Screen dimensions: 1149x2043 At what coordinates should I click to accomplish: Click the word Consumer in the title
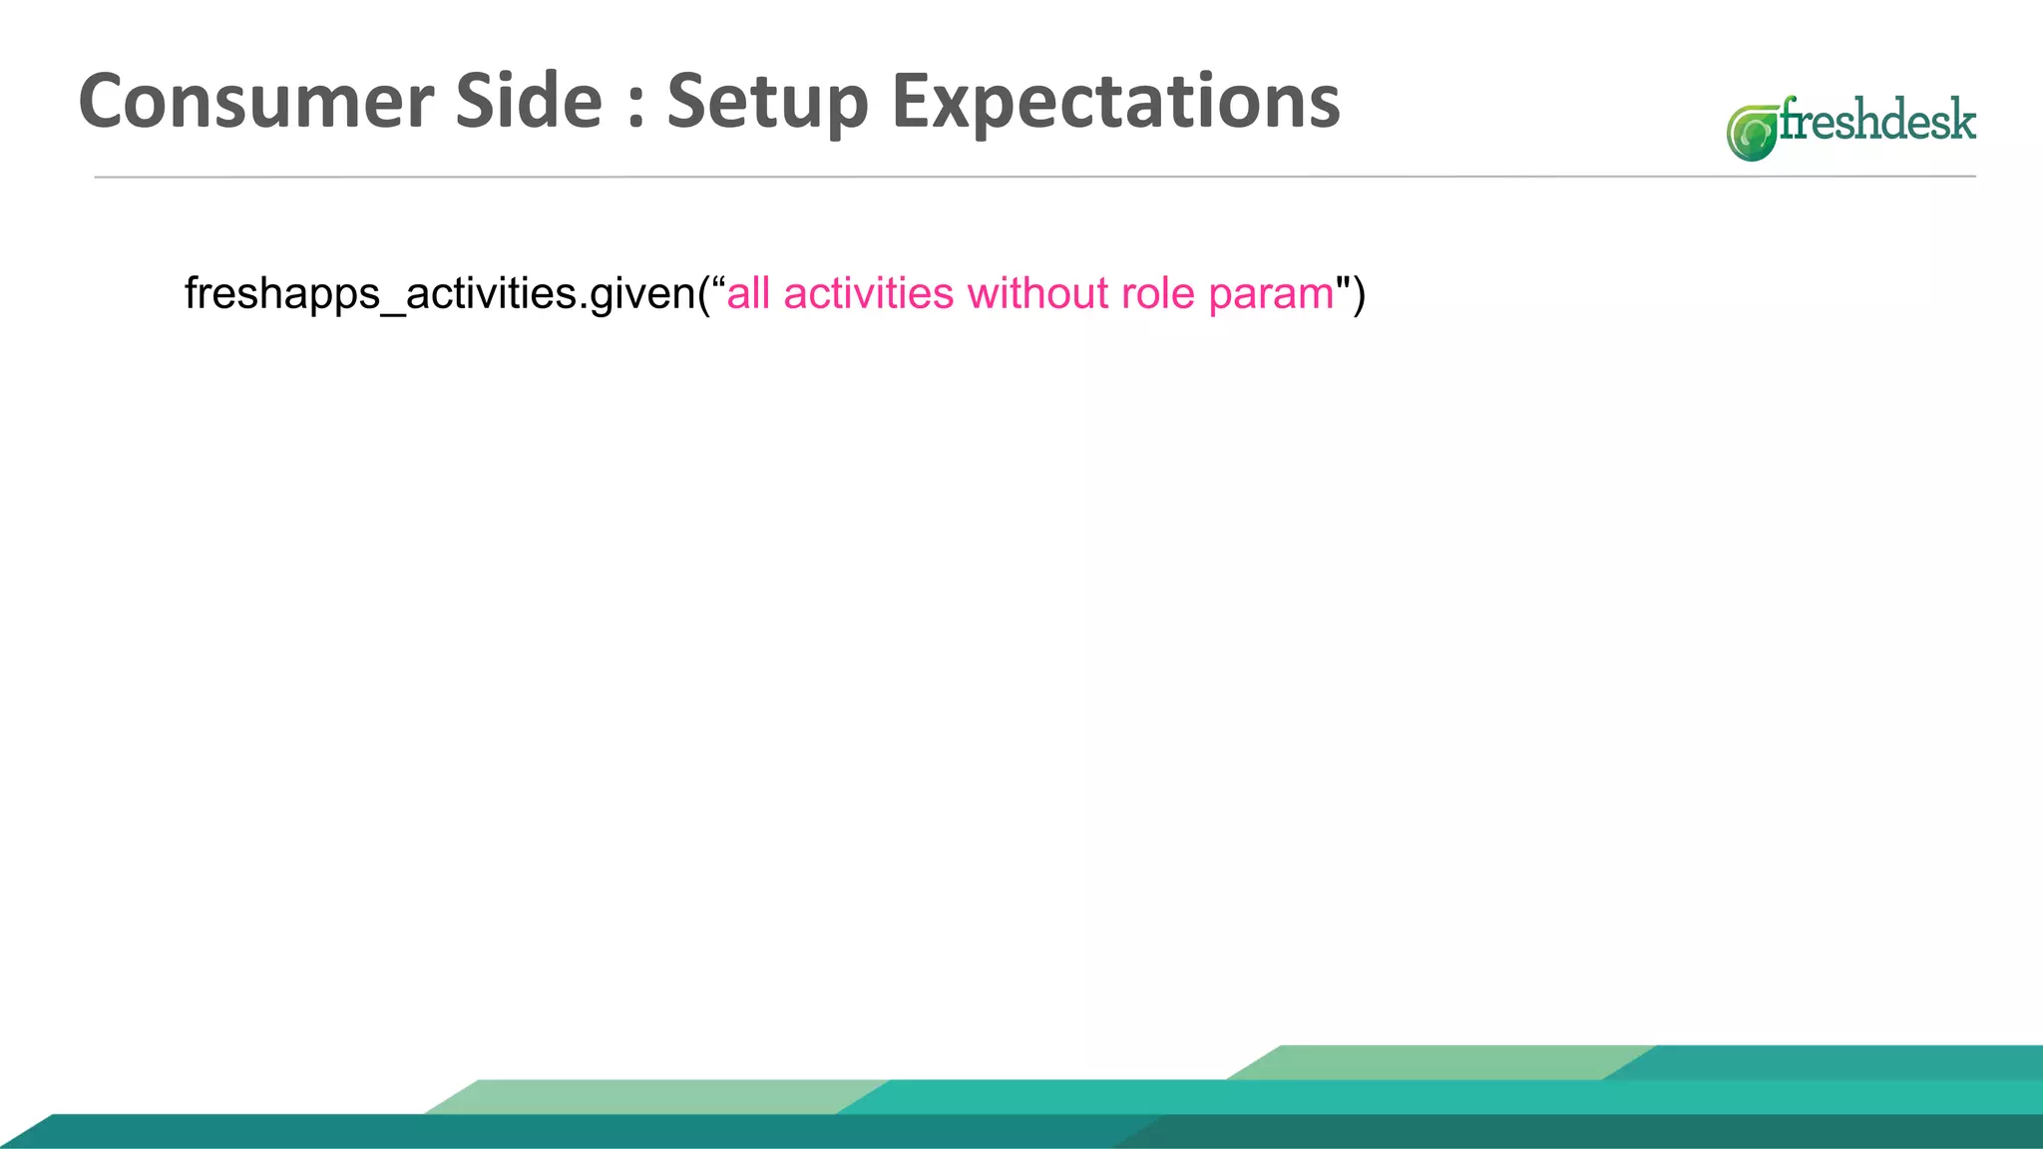[x=256, y=102]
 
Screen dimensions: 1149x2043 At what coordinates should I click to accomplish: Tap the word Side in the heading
[x=529, y=102]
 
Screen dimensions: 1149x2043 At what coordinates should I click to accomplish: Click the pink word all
[x=748, y=294]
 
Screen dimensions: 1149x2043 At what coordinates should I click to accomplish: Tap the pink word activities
[x=869, y=294]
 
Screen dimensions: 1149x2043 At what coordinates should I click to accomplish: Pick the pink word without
[x=1037, y=294]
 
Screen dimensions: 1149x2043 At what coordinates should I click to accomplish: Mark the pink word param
[x=1271, y=294]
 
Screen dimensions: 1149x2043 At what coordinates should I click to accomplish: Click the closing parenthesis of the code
[x=1359, y=294]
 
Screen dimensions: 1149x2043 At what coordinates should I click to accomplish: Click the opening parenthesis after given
[x=704, y=294]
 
